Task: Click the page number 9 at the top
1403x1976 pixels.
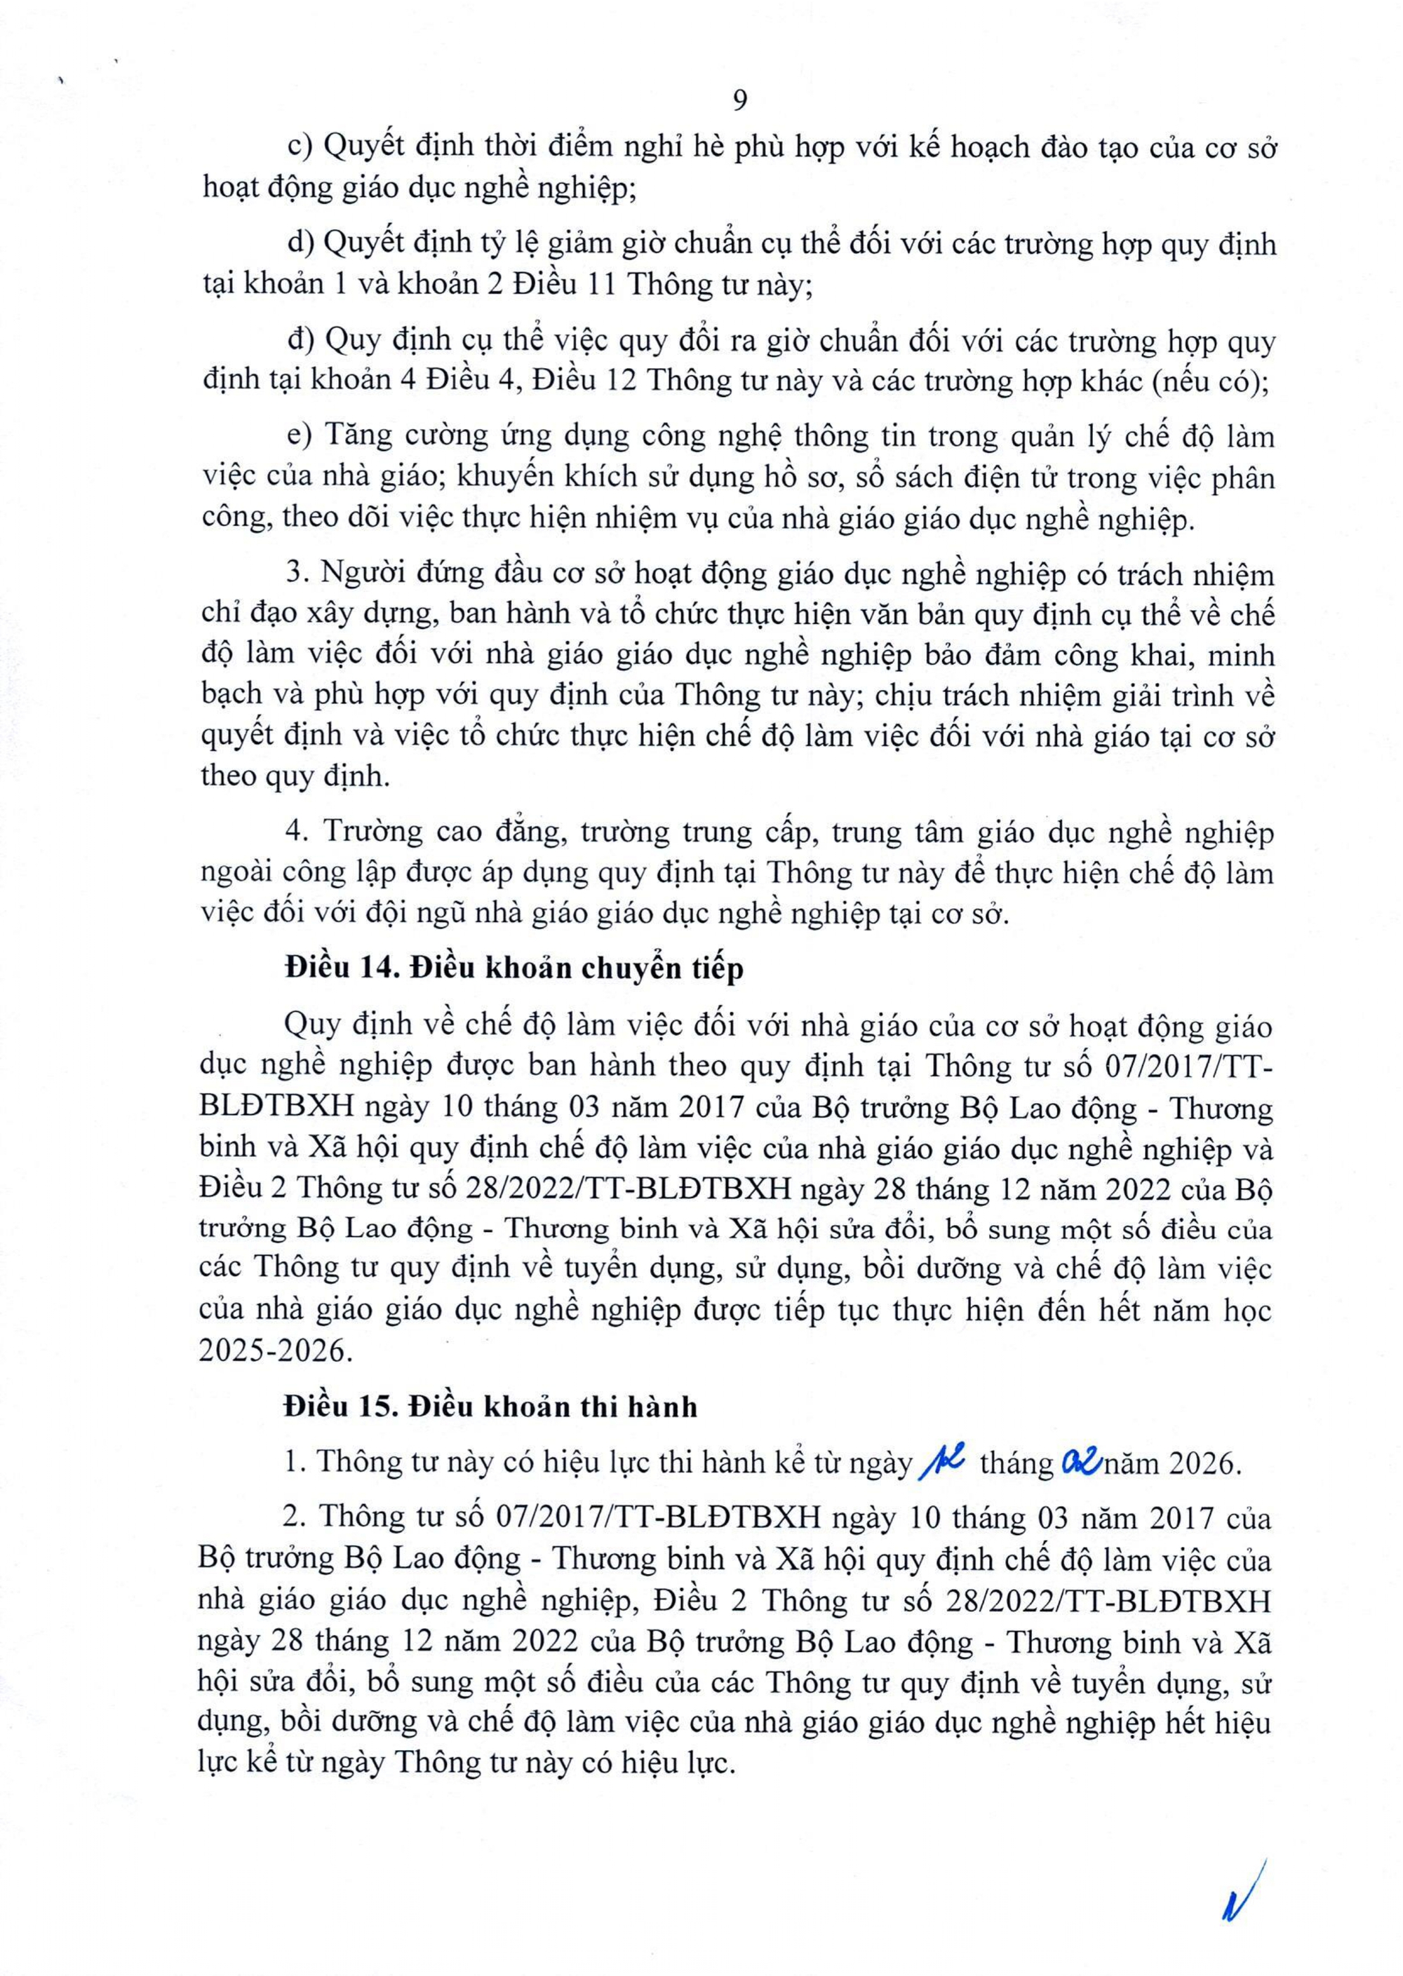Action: pyautogui.click(x=739, y=102)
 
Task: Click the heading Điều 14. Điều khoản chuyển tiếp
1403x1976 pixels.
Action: pyautogui.click(x=514, y=969)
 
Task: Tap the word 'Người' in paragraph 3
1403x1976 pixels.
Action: pyautogui.click(x=354, y=574)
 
